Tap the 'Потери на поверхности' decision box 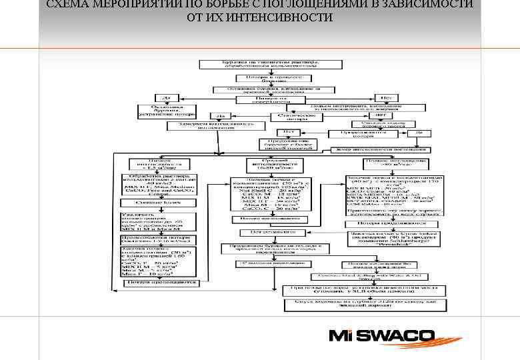[260, 99]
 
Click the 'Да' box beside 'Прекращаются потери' [419, 133]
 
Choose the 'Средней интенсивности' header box [273, 164]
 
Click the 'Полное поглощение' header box [396, 162]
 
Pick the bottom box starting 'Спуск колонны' [358, 304]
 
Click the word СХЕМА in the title [67, 4]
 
